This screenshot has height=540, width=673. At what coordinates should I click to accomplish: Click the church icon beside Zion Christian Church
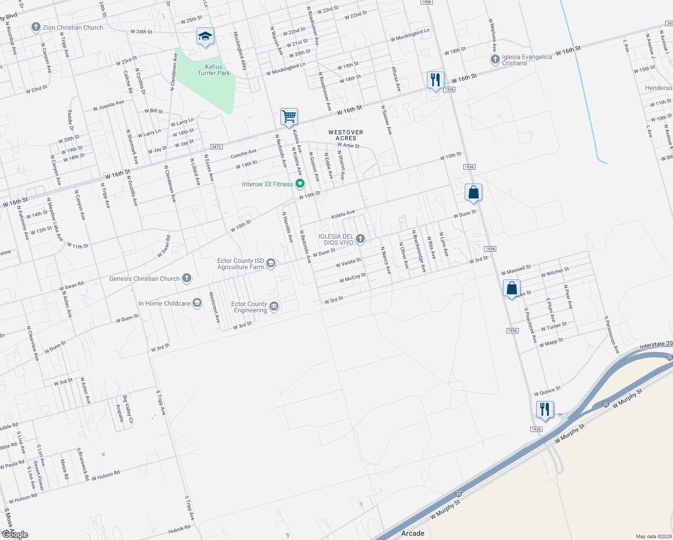(x=36, y=27)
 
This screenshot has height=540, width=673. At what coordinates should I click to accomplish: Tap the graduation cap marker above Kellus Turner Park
(x=205, y=36)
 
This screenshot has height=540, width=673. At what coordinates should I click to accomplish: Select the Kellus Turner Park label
(x=214, y=70)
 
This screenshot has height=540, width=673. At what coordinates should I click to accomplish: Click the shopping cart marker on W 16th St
(x=289, y=117)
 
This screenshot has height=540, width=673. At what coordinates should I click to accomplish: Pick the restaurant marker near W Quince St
(x=545, y=409)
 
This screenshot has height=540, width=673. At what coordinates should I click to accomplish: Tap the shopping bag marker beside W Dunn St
(x=473, y=193)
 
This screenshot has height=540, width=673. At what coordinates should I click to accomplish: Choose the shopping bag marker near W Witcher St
(x=511, y=288)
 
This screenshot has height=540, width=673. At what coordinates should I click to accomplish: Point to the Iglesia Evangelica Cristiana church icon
(x=495, y=59)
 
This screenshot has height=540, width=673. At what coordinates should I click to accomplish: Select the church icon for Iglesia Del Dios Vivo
(x=360, y=238)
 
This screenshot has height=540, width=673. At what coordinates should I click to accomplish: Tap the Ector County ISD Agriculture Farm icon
(x=270, y=263)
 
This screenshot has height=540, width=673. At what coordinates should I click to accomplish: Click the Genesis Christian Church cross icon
(x=187, y=279)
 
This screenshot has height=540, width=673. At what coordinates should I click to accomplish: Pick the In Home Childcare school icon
(x=197, y=303)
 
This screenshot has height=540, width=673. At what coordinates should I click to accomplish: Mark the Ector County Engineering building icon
(x=274, y=307)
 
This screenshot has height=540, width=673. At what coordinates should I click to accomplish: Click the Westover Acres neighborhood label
(x=345, y=135)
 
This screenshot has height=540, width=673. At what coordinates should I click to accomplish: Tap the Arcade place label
(x=413, y=533)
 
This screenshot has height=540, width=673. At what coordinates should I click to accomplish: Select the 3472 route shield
(x=216, y=147)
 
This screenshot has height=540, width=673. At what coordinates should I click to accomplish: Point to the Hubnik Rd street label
(x=179, y=529)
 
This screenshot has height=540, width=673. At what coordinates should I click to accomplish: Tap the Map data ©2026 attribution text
(x=652, y=536)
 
